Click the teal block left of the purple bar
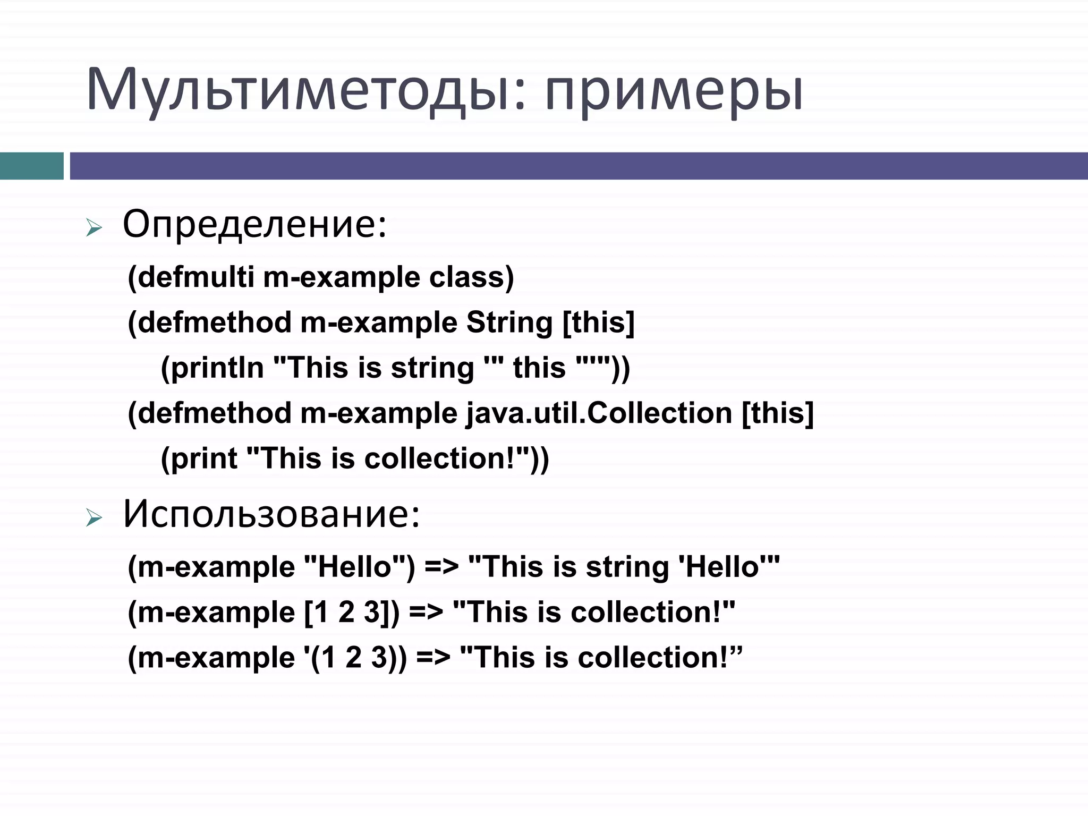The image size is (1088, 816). tap(31, 166)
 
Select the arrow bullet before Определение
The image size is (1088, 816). tap(93, 229)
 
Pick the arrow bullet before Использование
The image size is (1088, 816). tap(93, 518)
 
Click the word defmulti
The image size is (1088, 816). tap(195, 277)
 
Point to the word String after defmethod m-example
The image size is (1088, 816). tap(509, 322)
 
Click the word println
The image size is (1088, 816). tap(217, 368)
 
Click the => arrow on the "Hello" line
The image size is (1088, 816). tap(441, 567)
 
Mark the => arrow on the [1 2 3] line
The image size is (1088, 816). tap(426, 612)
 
